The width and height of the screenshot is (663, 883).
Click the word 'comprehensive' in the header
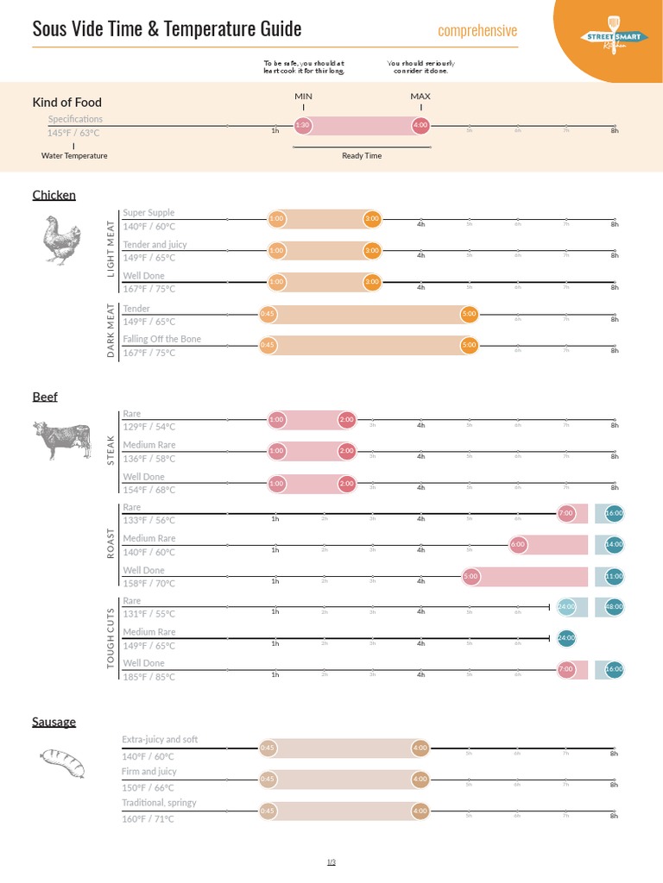click(x=477, y=31)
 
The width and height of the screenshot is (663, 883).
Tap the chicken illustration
click(x=62, y=240)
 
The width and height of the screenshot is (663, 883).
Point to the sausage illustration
click(x=62, y=762)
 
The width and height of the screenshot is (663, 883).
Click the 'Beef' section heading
click(x=45, y=397)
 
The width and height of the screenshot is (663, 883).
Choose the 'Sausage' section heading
click(x=54, y=722)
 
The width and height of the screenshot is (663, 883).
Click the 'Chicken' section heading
click(x=54, y=195)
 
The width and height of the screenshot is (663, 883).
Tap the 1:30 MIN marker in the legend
click(x=302, y=125)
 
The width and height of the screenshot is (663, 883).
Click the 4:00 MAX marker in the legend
click(x=420, y=125)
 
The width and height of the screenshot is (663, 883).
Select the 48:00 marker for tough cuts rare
click(x=614, y=606)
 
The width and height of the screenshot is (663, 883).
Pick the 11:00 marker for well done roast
click(x=614, y=575)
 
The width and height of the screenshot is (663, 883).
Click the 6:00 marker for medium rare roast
click(x=518, y=544)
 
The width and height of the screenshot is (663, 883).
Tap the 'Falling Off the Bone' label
click(x=161, y=339)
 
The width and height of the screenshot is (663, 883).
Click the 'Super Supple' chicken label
click(x=148, y=212)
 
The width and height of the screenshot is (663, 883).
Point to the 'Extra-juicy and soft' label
click(x=160, y=740)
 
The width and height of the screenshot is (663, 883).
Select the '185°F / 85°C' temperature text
click(x=148, y=677)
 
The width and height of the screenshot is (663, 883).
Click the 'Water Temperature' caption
click(x=74, y=156)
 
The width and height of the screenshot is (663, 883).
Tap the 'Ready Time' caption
click(x=362, y=156)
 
